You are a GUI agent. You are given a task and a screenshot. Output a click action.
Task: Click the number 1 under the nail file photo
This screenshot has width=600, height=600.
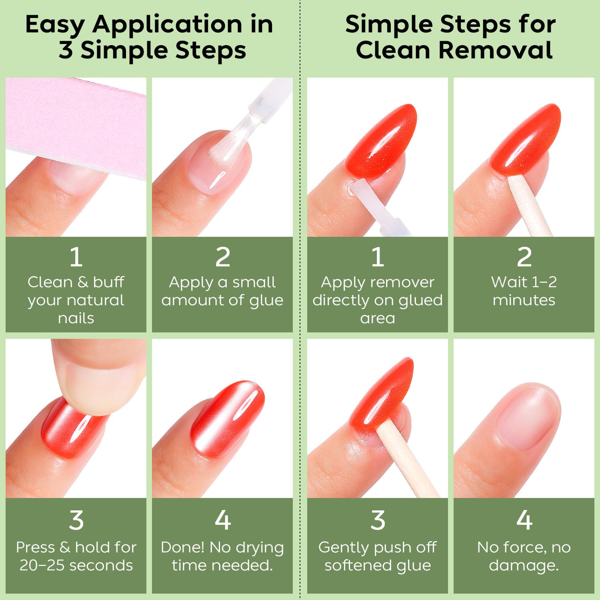[x=76, y=257]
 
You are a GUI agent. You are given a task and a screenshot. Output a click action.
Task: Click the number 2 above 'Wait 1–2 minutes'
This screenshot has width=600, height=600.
[x=524, y=257]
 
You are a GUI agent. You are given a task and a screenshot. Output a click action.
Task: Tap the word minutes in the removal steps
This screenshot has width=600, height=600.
[x=524, y=300]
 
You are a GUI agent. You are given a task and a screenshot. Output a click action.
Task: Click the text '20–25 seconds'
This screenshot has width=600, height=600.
[x=76, y=565]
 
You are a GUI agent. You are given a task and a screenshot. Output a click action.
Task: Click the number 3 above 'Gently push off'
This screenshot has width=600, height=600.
[x=378, y=520]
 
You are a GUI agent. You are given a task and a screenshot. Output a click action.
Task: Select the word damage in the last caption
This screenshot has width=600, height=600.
[x=522, y=566]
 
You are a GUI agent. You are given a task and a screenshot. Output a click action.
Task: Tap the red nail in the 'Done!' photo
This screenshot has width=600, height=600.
[x=228, y=416]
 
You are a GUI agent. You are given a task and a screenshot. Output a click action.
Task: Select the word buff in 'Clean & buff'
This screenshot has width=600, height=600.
[x=108, y=282]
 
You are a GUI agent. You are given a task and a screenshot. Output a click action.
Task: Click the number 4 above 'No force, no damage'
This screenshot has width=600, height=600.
[x=524, y=520]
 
